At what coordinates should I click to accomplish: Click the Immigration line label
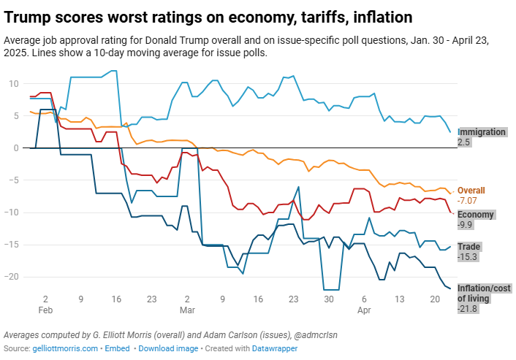(482, 132)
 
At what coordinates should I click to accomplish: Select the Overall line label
(471, 190)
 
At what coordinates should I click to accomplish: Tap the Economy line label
(476, 215)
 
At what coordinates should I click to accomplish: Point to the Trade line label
(468, 247)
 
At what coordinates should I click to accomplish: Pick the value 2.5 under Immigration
(463, 142)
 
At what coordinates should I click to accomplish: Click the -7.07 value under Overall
(468, 200)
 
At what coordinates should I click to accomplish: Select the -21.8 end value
(468, 310)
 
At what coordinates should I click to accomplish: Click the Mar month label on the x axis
(187, 310)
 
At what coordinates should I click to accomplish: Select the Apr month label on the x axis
(364, 310)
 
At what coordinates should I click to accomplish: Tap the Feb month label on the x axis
(45, 310)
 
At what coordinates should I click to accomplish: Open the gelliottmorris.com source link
(65, 348)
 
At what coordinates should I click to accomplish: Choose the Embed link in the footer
(118, 348)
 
